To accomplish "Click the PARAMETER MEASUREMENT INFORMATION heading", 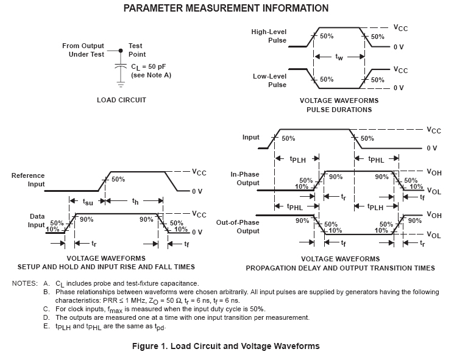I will pos(226,9).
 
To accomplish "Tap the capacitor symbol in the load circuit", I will pos(121,66).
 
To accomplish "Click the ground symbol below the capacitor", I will pos(121,80).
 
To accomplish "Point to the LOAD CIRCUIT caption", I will pos(121,100).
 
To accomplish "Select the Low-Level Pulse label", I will pos(269,80).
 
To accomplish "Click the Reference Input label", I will pos(28,180).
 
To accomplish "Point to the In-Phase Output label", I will pos(245,178).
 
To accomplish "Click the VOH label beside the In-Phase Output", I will pos(434,172).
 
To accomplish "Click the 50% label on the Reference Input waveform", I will pos(118,180).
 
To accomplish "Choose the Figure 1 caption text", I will pos(225,347).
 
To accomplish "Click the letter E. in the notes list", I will pos(46,326).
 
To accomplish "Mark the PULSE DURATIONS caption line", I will pos(339,110).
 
